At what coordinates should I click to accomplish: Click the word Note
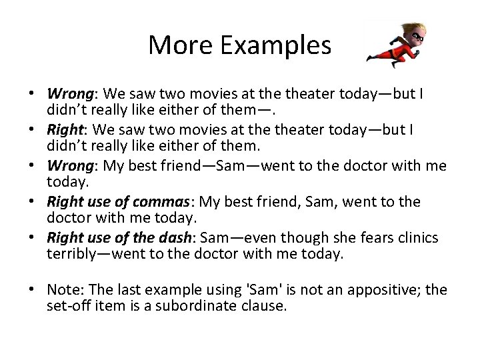[63, 289]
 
